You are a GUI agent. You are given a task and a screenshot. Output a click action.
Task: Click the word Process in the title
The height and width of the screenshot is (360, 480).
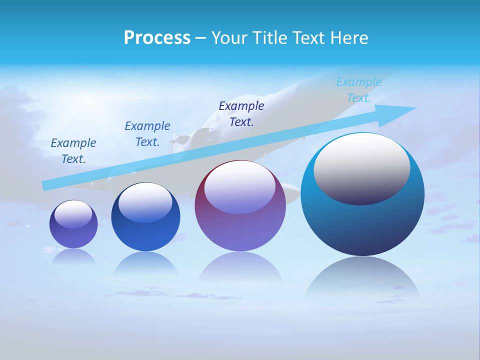pos(157,38)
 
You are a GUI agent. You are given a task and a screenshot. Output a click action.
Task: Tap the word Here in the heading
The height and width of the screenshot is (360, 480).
pos(348,38)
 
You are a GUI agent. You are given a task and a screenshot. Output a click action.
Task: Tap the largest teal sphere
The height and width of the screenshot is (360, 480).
pos(362,220)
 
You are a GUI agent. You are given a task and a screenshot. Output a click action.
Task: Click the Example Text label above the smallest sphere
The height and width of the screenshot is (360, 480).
pos(73,151)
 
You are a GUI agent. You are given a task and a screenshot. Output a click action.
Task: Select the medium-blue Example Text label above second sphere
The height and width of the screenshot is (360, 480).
pos(147,134)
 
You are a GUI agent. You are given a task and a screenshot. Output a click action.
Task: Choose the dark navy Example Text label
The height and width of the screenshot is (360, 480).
pos(241,114)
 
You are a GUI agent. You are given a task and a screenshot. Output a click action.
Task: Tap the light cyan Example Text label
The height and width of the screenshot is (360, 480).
pos(359,90)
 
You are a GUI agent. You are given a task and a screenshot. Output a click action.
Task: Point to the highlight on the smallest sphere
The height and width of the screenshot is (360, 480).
pos(73,213)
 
